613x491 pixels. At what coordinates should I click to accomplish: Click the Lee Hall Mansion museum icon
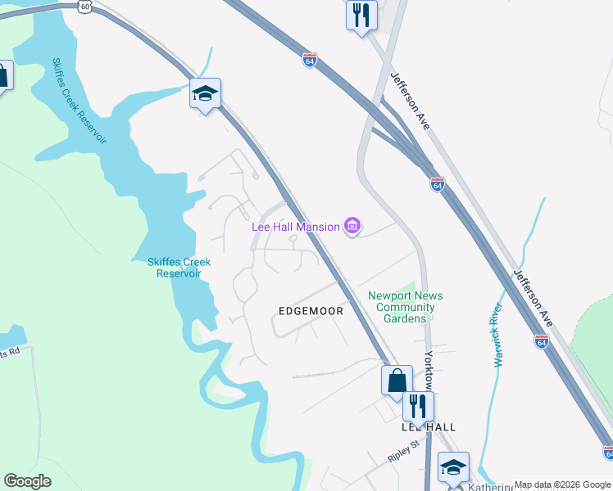click(x=353, y=226)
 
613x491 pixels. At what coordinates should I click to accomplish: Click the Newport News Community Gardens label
click(x=405, y=307)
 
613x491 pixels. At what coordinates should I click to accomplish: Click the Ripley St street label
click(x=403, y=447)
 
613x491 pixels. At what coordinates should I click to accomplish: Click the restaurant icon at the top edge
click(x=361, y=15)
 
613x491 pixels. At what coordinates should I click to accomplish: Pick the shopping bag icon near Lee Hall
click(x=397, y=380)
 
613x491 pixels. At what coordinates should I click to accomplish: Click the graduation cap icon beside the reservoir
click(x=205, y=93)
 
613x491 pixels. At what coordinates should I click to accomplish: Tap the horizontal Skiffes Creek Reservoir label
click(x=179, y=268)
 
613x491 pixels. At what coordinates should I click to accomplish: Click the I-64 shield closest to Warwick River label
click(x=542, y=341)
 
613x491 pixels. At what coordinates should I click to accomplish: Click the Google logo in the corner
click(x=27, y=481)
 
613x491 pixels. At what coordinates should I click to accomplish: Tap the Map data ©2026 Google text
click(x=562, y=484)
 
